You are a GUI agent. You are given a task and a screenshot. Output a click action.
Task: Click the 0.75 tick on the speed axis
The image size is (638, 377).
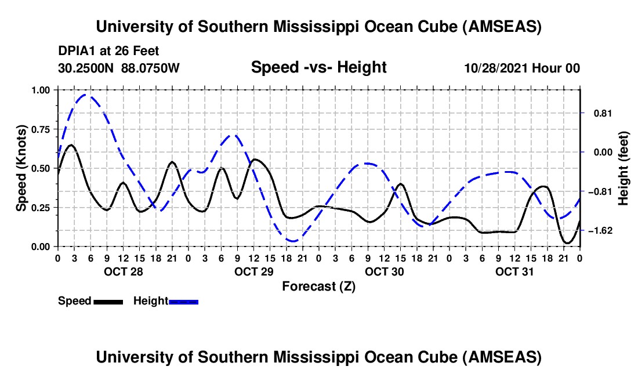41,129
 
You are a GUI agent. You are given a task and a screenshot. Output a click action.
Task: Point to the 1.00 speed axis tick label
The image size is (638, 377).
41,90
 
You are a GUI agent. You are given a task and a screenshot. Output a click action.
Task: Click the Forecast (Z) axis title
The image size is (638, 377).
318,286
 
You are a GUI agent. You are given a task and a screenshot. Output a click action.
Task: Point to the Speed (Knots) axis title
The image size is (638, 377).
21,168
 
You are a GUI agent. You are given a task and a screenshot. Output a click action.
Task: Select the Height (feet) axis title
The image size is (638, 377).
623,168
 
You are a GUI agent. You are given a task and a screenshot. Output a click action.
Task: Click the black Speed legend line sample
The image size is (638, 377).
108,301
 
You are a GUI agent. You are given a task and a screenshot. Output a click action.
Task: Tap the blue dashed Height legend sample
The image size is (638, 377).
184,301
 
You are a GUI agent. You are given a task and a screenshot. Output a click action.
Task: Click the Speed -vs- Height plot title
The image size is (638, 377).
318,67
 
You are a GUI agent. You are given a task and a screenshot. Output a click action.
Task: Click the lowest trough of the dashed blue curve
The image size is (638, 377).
293,241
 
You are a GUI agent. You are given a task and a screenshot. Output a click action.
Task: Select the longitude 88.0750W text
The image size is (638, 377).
151,68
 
